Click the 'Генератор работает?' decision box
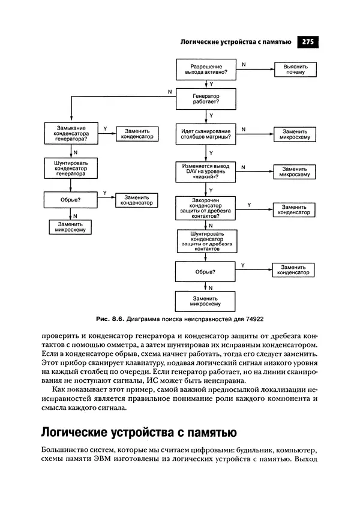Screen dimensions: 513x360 click(206, 100)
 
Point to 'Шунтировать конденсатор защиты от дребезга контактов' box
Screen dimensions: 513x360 click(206, 241)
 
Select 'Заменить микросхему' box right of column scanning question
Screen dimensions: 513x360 click(295, 134)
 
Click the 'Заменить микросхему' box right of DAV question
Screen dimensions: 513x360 click(295, 171)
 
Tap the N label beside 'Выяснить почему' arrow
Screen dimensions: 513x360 click(243, 63)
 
